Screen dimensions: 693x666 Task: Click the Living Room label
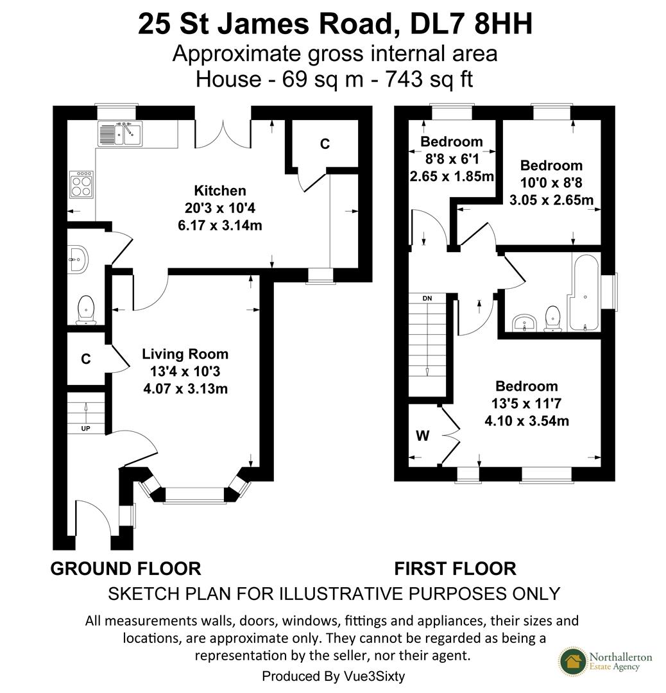click(x=185, y=354)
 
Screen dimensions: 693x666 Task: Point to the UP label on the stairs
click(x=85, y=428)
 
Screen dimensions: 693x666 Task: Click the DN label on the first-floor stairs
click(x=427, y=298)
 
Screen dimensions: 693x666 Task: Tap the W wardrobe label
click(x=422, y=436)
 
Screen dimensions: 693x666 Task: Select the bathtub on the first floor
click(x=583, y=294)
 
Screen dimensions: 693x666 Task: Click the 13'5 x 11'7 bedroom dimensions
click(x=526, y=421)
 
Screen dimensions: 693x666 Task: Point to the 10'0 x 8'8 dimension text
click(x=551, y=183)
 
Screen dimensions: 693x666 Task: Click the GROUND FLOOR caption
click(x=126, y=569)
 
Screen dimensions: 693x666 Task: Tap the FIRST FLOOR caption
click(x=455, y=569)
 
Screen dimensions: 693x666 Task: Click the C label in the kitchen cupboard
click(x=325, y=144)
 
